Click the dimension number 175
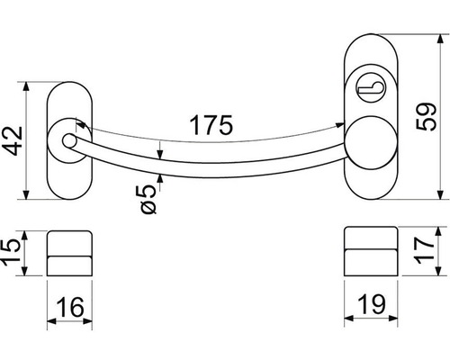(x=211, y=125)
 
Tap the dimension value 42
(x=13, y=140)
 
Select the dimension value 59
(x=426, y=116)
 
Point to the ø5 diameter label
(x=148, y=199)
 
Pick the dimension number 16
(x=70, y=307)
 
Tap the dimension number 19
(x=372, y=304)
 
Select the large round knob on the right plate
(x=370, y=143)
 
